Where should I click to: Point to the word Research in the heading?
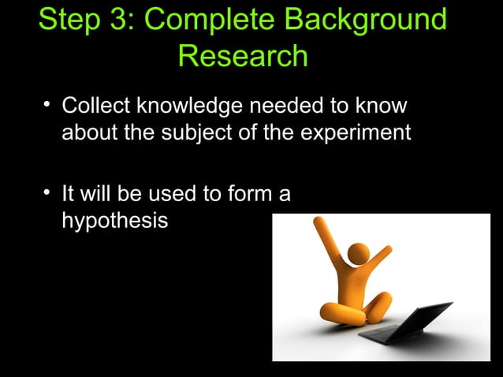242,56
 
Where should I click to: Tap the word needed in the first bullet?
279,106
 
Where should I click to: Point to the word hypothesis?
115,222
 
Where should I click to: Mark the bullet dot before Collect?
48,104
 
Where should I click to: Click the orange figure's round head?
358,254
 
